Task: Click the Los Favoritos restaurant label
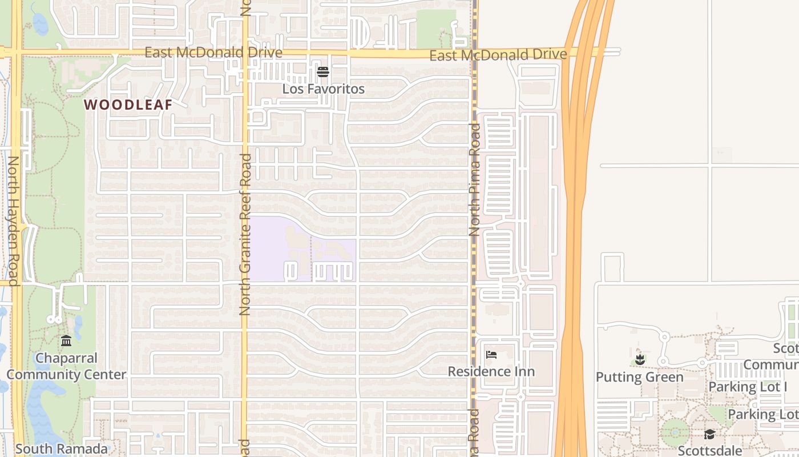click(x=323, y=89)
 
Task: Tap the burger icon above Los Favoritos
click(x=323, y=71)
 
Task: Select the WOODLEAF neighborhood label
click(x=128, y=105)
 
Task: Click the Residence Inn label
click(x=491, y=371)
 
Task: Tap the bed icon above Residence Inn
click(x=491, y=354)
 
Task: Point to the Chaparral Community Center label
click(x=66, y=366)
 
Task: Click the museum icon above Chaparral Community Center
click(x=66, y=341)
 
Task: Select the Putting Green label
click(x=639, y=377)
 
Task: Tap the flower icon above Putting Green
click(x=640, y=360)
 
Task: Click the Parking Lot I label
click(x=748, y=387)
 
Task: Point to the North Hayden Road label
click(x=13, y=220)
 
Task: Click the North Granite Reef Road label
click(x=245, y=234)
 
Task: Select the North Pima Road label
click(x=475, y=180)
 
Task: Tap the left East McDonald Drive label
click(x=213, y=53)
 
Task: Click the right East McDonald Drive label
click(x=498, y=55)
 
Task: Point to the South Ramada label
click(x=61, y=449)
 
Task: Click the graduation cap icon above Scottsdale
click(x=709, y=435)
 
